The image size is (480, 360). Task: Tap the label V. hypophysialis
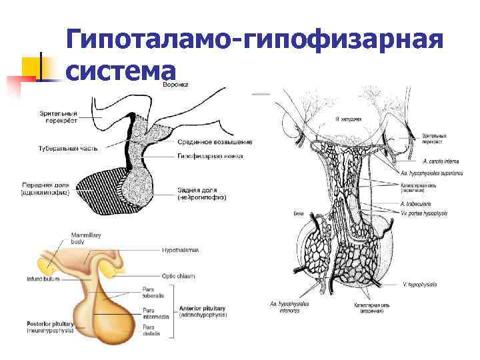[x=420, y=284]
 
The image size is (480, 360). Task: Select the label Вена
[x=299, y=214]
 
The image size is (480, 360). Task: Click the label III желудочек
[x=347, y=119]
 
